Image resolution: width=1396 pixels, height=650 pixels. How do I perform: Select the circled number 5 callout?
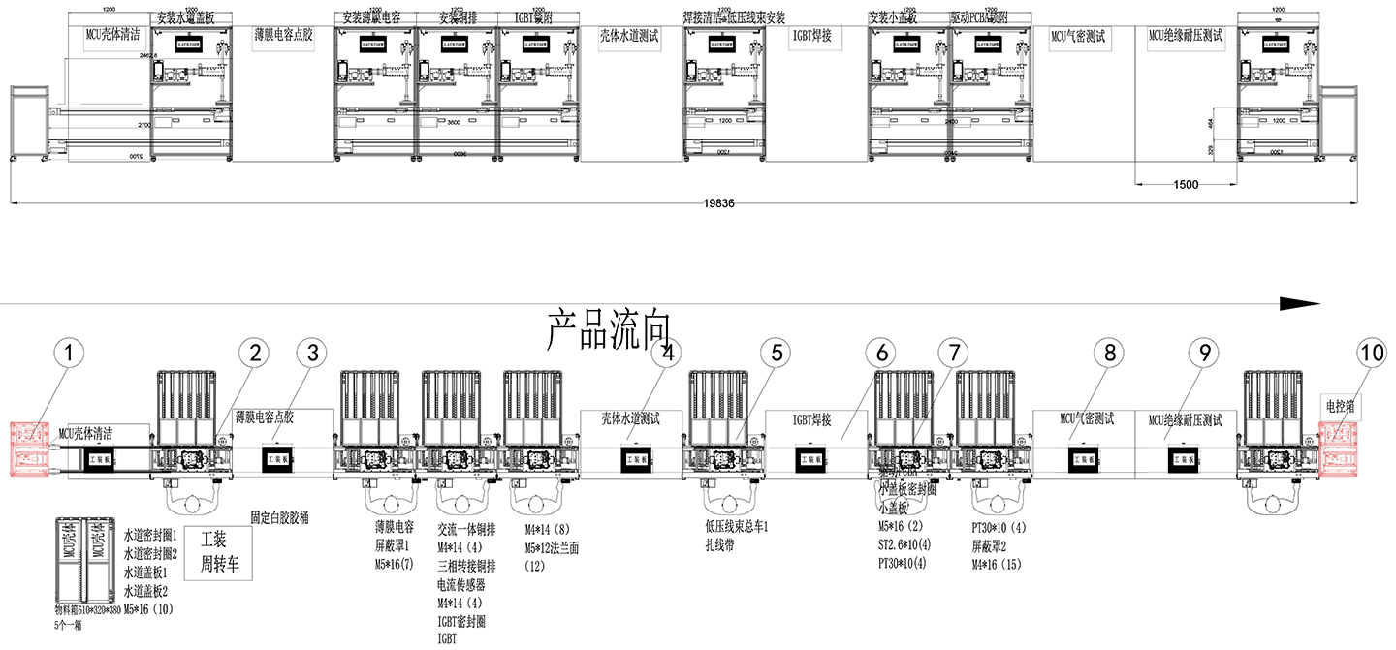[x=776, y=356]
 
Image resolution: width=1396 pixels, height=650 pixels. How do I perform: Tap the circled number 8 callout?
[x=1110, y=356]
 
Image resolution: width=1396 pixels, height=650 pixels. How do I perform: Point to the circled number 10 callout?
[x=1372, y=356]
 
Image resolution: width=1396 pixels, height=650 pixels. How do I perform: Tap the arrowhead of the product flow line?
[x=1300, y=303]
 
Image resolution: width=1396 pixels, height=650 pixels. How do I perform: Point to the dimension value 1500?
[x=1186, y=185]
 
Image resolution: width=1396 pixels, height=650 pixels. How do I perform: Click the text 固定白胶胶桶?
[x=279, y=517]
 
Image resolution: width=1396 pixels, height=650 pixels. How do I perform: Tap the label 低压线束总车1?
[x=736, y=526]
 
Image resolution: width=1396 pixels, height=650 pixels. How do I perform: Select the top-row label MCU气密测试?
[x=1078, y=37]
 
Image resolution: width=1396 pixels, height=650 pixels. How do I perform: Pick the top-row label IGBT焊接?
[x=818, y=37]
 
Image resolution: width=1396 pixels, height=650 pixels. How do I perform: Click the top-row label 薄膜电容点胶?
[x=283, y=37]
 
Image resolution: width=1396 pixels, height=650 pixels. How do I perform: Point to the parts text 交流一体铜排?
[x=466, y=529]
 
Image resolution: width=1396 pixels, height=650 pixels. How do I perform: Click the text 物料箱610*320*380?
[x=88, y=612]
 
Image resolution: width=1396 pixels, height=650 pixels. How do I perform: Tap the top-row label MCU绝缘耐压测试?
[x=1186, y=37]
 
